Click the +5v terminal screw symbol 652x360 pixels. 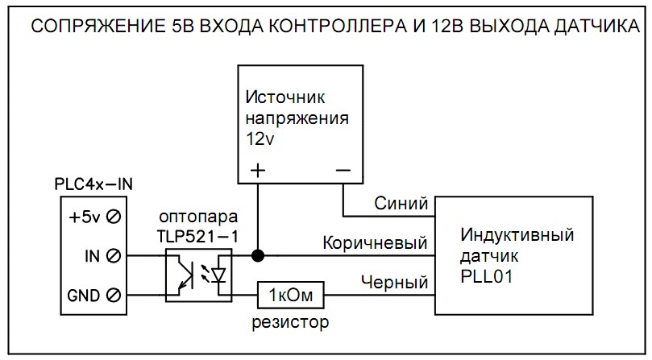pos(115,217)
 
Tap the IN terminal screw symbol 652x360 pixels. pos(115,256)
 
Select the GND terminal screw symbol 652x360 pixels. pos(115,295)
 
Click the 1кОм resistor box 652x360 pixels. pos(291,296)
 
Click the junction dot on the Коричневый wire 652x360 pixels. pos(258,256)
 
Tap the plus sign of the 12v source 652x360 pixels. pos(258,171)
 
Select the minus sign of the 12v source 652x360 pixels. pos(343,171)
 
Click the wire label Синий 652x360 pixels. pos(401,205)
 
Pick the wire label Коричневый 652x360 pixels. pos(375,242)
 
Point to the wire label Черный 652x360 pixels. pos(394,282)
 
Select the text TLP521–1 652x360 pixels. pos(197,237)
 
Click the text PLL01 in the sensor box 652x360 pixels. pos(487,275)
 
